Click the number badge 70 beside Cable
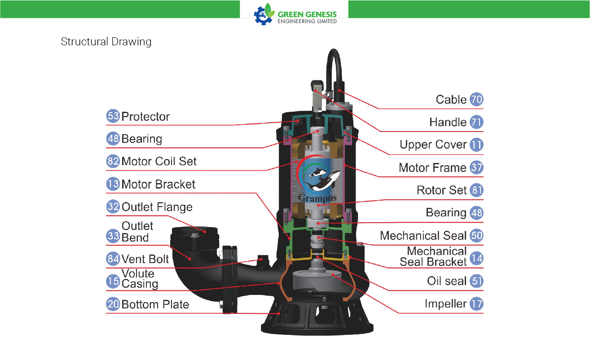pos(476,99)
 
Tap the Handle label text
pos(448,122)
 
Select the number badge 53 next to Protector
pos(113,116)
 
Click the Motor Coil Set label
pos(159,161)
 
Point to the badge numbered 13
pos(113,184)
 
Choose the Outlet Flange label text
pos(157,207)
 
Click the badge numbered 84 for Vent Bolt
pos(113,259)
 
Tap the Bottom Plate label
pos(155,304)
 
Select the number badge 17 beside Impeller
pos(476,303)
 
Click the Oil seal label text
pos(447,281)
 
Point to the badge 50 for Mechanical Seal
pos(476,235)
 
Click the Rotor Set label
pos(441,190)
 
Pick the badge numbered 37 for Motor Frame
pos(476,167)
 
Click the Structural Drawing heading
pos(106,42)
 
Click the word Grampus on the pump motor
pos(317,198)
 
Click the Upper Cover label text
pos(433,145)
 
